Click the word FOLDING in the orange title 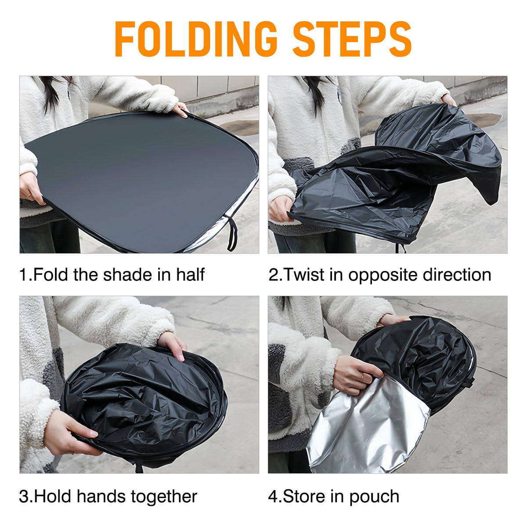pyautogui.click(x=196, y=39)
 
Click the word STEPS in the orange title pyautogui.click(x=352, y=39)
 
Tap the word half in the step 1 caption pyautogui.click(x=190, y=274)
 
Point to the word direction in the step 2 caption pyautogui.click(x=457, y=274)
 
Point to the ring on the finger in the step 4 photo pyautogui.click(x=363, y=378)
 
